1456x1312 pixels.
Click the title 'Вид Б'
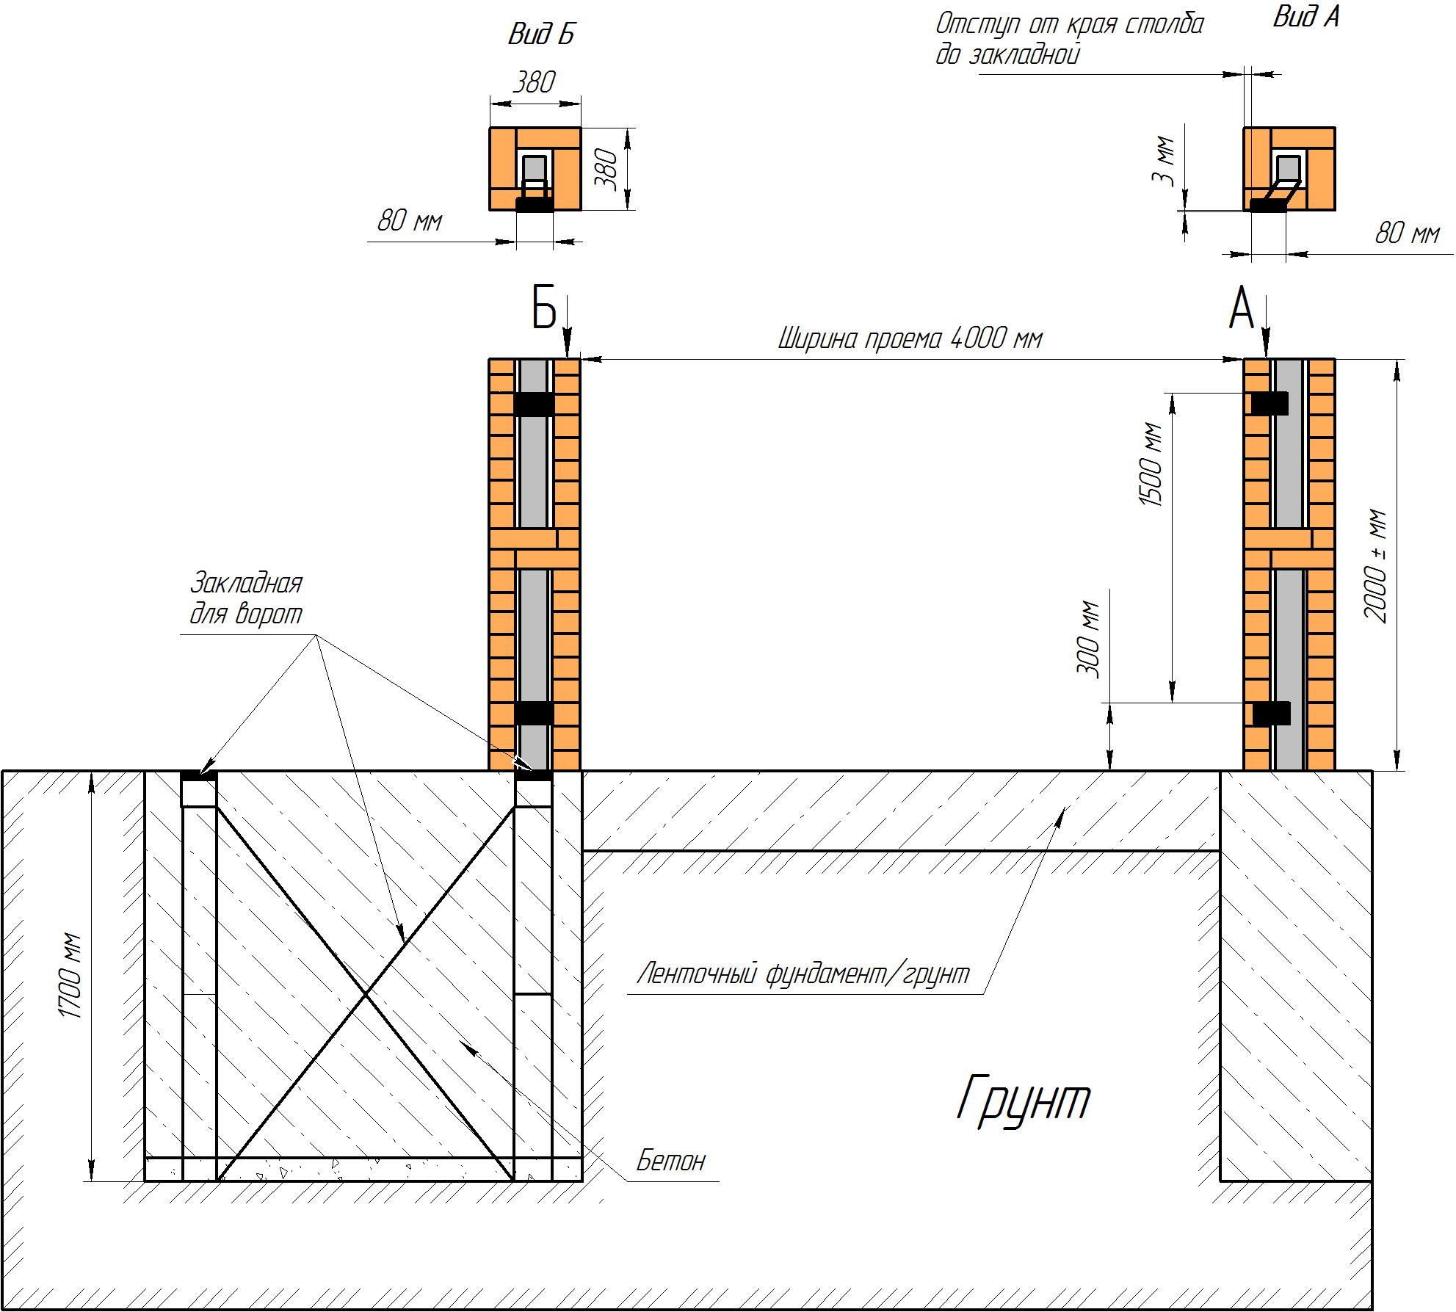541,35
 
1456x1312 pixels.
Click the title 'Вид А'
1306,16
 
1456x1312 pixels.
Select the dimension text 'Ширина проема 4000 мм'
910,339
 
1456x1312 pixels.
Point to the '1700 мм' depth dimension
70,976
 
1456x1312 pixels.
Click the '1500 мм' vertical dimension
1151,465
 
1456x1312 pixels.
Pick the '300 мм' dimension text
1090,641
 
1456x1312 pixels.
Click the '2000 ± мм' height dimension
1377,566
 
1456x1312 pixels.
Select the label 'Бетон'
670,1161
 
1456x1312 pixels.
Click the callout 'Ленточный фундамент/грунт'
803,974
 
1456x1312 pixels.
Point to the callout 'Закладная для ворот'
246,598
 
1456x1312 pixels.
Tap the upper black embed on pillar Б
534,405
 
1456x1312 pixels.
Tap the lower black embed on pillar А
1271,714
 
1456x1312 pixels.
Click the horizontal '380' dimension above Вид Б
534,81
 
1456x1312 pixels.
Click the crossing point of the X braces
366,994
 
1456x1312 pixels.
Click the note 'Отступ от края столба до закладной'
1070,39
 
